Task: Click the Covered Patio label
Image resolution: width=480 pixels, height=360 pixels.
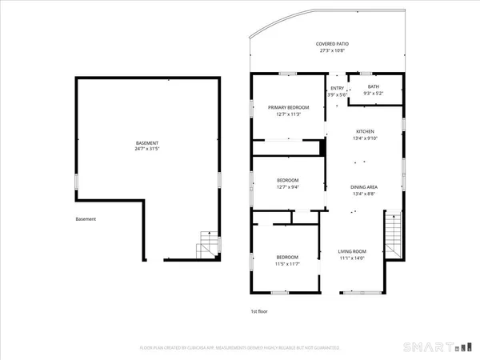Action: [332, 44]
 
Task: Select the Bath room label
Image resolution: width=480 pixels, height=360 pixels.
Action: [374, 87]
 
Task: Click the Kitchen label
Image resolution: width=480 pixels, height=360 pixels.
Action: [365, 131]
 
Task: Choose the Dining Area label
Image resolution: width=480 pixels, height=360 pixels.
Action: [365, 186]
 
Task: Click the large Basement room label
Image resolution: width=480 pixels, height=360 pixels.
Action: [147, 142]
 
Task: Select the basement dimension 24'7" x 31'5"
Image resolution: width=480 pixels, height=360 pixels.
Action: [147, 149]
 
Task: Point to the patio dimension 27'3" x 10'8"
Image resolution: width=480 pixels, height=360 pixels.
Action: [332, 51]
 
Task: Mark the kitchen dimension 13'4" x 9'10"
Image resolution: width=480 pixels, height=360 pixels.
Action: [365, 138]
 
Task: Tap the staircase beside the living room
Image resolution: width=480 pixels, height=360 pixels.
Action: [394, 232]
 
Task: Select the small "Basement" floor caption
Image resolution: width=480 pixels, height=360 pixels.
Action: [86, 219]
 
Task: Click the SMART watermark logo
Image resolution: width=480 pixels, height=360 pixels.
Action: [432, 347]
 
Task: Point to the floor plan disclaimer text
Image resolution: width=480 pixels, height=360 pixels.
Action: [240, 348]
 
